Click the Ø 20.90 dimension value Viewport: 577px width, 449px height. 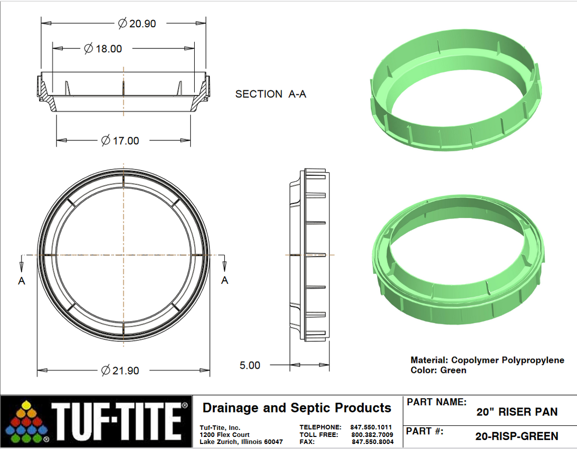tap(137, 23)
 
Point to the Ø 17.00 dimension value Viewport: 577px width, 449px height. tap(120, 140)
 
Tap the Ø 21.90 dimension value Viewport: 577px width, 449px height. tap(120, 370)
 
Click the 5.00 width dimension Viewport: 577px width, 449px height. tap(250, 365)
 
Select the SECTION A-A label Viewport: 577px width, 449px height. tap(271, 94)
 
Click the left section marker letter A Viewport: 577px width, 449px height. tap(22, 281)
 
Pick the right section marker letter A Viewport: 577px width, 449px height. tap(225, 280)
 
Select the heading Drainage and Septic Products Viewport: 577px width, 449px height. tap(296, 408)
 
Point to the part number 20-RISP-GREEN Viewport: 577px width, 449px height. tap(517, 436)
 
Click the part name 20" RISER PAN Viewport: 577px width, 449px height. tap(517, 412)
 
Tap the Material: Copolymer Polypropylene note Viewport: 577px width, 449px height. tap(487, 360)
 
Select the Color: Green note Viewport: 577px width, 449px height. tap(438, 370)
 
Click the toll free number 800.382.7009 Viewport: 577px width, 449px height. tap(372, 434)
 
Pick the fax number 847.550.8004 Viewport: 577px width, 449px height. tap(372, 442)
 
